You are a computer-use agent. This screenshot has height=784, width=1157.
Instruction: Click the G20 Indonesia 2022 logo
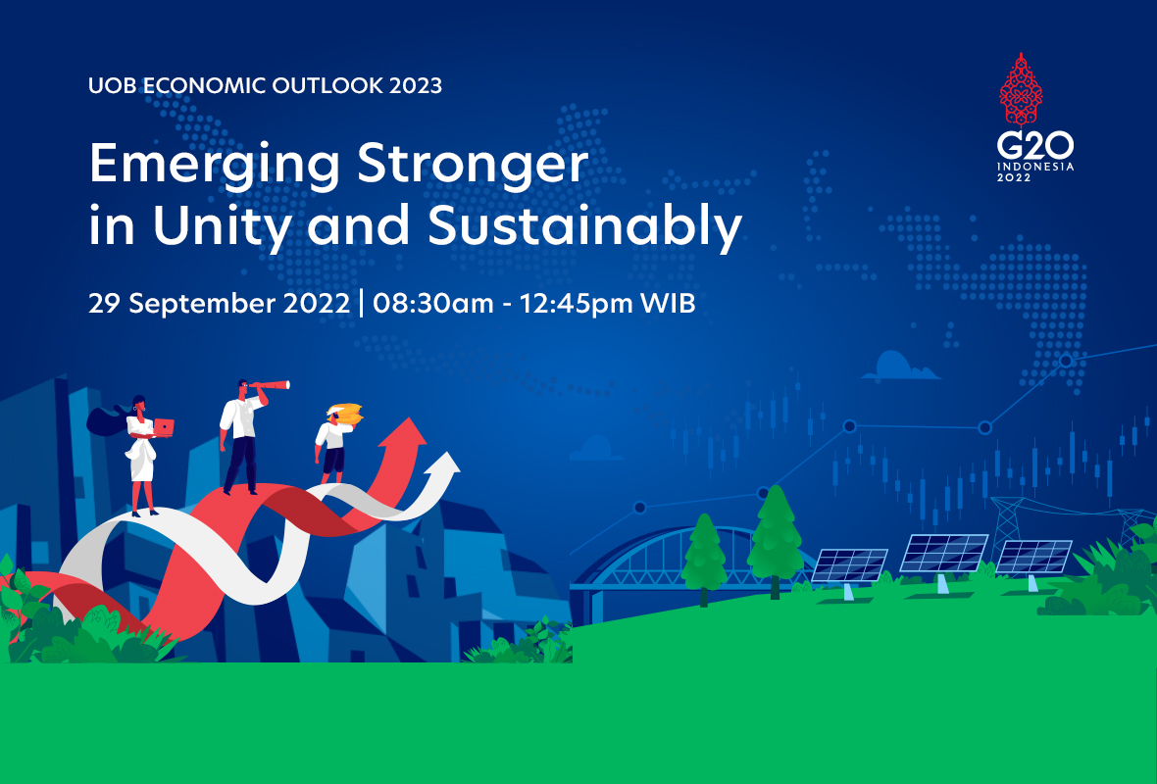(1035, 122)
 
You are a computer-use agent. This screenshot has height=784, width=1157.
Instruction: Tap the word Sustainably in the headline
(584, 226)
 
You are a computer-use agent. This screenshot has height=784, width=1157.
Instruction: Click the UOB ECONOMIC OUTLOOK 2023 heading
(265, 85)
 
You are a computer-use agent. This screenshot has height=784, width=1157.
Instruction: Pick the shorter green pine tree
(705, 555)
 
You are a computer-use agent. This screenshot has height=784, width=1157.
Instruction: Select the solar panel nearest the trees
(849, 565)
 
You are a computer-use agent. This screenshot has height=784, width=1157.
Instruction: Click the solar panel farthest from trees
(1033, 558)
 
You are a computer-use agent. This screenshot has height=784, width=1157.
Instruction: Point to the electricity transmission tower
(1010, 524)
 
